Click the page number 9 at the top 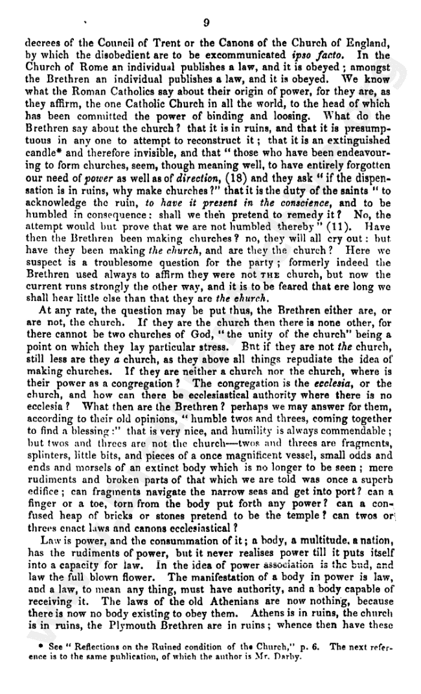coord(206,23)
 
